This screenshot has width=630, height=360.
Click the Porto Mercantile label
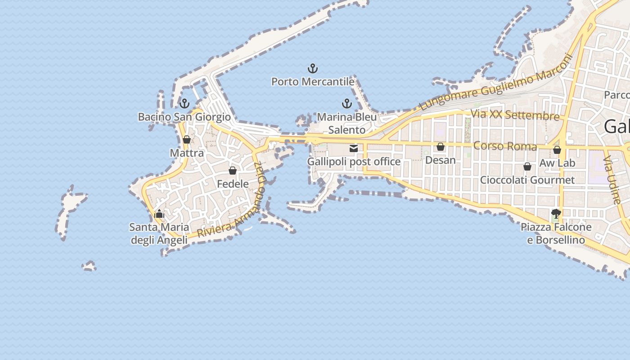point(313,82)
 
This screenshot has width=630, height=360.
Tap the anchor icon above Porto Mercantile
point(313,68)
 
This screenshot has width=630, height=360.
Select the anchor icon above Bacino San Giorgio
point(184,104)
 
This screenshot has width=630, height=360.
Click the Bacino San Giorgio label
point(184,117)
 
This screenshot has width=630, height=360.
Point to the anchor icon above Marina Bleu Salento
point(346,104)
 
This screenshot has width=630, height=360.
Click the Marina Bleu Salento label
point(346,123)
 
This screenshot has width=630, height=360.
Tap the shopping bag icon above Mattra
point(187,139)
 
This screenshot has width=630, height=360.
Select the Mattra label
point(187,153)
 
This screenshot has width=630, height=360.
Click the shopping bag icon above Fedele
point(233,171)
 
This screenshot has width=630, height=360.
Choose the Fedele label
point(233,184)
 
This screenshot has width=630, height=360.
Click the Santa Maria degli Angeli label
point(159,234)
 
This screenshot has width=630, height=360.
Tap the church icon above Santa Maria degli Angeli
point(159,214)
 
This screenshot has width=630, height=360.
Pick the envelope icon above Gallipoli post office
point(354,148)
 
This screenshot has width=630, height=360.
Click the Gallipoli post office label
point(354,162)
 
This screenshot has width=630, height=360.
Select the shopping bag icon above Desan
point(441,147)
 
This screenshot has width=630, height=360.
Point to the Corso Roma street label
point(505,146)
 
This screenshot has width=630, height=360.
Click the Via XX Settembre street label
point(515,115)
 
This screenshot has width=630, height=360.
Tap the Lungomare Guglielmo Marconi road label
point(495,82)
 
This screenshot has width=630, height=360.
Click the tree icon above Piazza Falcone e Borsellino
point(556,214)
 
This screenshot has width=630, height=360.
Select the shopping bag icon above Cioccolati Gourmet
point(527,167)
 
